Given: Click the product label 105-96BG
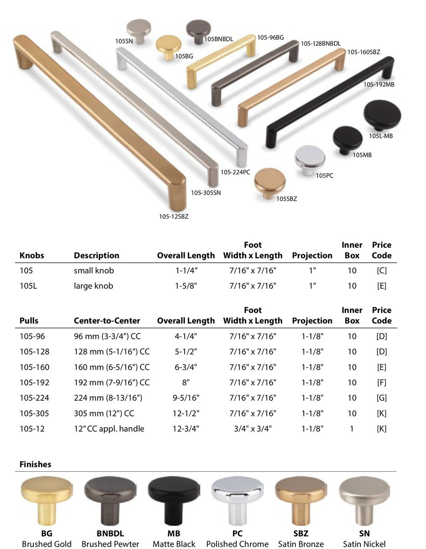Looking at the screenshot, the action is pos(270,38).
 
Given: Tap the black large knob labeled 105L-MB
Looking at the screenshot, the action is pos(382,116).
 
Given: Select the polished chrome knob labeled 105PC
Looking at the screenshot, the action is pos(310,160).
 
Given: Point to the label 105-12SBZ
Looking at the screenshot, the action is pos(173,216).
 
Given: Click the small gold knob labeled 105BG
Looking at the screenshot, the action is pos(168,47).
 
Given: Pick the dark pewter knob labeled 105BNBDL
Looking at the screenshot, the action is pos(198,32).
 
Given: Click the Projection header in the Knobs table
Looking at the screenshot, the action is pos(312,256).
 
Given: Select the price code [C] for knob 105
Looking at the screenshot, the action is pos(382,270).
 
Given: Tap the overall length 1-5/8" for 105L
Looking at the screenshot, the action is pos(186,286).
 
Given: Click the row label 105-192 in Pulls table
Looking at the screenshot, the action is pos(34,383).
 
